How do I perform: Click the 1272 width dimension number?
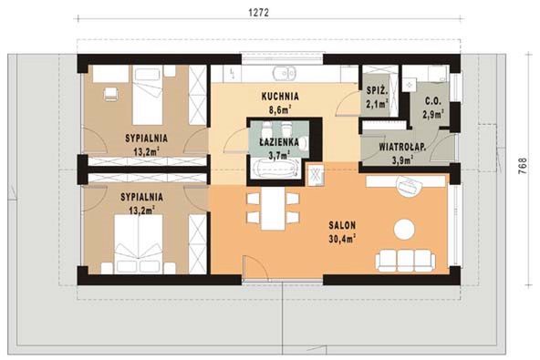(x=258, y=13)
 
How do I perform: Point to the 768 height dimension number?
(x=523, y=166)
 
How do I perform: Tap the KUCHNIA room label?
(x=280, y=97)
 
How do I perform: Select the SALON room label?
(x=342, y=225)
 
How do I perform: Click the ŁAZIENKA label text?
(x=279, y=142)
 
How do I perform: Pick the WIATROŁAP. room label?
(x=402, y=147)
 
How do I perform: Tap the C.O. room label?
(x=432, y=101)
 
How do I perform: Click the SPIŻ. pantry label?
(x=377, y=91)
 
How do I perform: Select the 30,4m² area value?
(x=342, y=239)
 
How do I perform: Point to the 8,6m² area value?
(x=280, y=109)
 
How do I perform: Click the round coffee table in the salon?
(x=404, y=230)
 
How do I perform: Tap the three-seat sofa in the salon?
(x=405, y=261)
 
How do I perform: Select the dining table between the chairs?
(x=273, y=209)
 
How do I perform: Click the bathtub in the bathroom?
(x=275, y=169)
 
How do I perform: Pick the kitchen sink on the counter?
(x=284, y=73)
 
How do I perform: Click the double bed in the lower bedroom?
(x=139, y=243)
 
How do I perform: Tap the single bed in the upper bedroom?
(x=148, y=95)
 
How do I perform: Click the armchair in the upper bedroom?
(x=110, y=94)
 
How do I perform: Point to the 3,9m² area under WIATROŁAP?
(x=402, y=160)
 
